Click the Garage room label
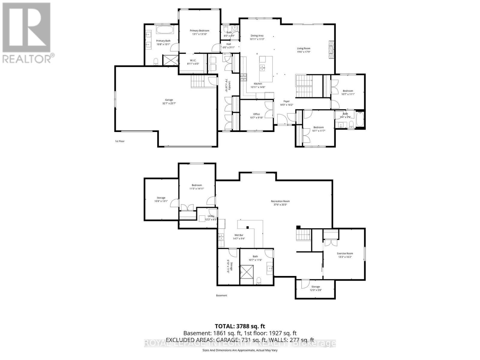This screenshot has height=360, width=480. tap(169, 100)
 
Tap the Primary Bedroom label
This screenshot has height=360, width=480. tap(199, 31)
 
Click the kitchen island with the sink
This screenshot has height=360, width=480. tap(266, 69)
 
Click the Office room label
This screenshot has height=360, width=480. tap(256, 114)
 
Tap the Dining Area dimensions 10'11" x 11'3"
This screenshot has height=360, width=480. tap(257, 39)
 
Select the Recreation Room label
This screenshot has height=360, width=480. tap(280, 201)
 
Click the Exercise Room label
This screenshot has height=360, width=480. tap(345, 253)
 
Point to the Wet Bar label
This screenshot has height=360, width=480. tap(239, 235)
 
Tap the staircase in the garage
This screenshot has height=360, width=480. tap(198, 81)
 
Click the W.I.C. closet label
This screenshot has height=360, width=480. tap(193, 60)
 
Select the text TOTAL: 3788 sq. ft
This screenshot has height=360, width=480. tap(240, 326)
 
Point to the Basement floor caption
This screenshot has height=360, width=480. tap(221, 295)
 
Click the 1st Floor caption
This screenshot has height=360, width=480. tap(119, 141)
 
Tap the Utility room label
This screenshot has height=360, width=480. tap(211, 216)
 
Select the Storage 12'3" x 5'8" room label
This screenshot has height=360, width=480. tap(316, 286)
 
